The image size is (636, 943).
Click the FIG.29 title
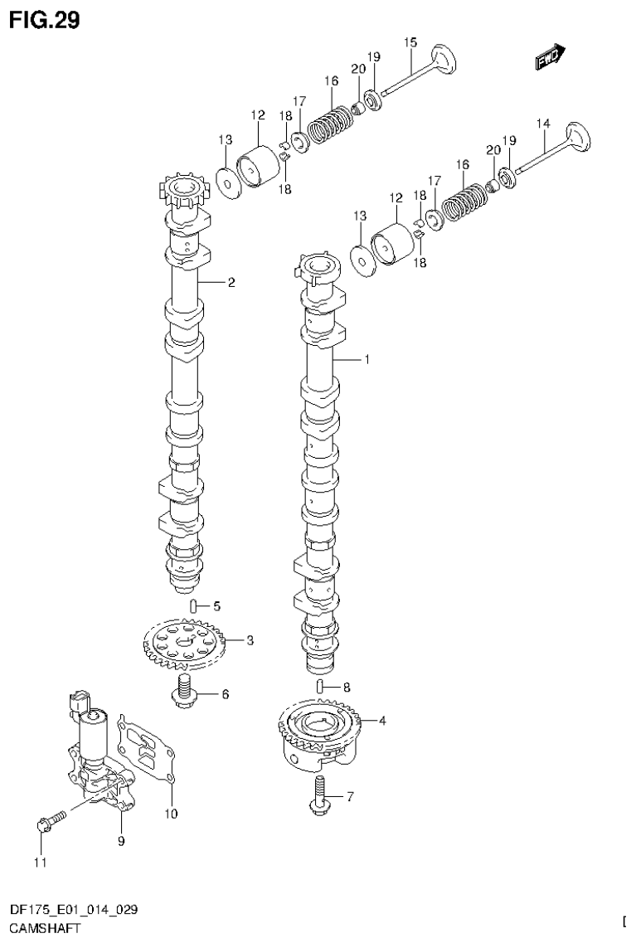(x=45, y=20)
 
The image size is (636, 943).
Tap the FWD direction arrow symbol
(x=549, y=56)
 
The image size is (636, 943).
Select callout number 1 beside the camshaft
(x=365, y=360)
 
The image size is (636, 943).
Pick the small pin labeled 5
(x=193, y=605)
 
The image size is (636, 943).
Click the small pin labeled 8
(x=320, y=686)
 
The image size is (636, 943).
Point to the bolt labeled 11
(x=49, y=822)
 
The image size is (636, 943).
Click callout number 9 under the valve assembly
(x=120, y=841)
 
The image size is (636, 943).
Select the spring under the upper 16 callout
(x=331, y=121)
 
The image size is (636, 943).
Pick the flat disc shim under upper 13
(x=226, y=182)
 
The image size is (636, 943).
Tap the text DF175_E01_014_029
(x=69, y=909)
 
